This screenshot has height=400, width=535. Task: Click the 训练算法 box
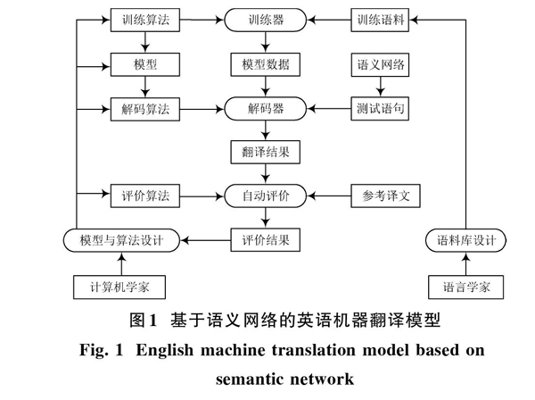point(145,21)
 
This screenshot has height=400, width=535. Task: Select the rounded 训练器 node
point(266,21)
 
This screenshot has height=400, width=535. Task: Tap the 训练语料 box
point(380,21)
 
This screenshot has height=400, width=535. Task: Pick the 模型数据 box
point(266,64)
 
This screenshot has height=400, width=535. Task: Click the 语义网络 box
point(380,64)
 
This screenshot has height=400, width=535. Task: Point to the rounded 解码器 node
point(266,109)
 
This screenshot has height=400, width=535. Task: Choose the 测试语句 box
point(380,109)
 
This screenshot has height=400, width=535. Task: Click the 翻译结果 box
point(266,152)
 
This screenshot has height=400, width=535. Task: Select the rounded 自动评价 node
point(266,196)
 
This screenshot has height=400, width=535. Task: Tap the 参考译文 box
point(385,196)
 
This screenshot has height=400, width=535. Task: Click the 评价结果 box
point(266,240)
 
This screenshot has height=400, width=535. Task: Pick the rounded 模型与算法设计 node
point(121,240)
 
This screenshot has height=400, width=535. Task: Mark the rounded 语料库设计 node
point(465,240)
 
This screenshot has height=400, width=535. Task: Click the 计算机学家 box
point(119,287)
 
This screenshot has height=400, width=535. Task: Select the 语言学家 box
point(465,287)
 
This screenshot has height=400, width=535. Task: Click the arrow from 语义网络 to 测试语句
point(380,87)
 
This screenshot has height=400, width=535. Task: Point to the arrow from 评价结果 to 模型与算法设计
point(205,240)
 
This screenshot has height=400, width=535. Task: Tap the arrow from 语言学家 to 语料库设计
point(465,263)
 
